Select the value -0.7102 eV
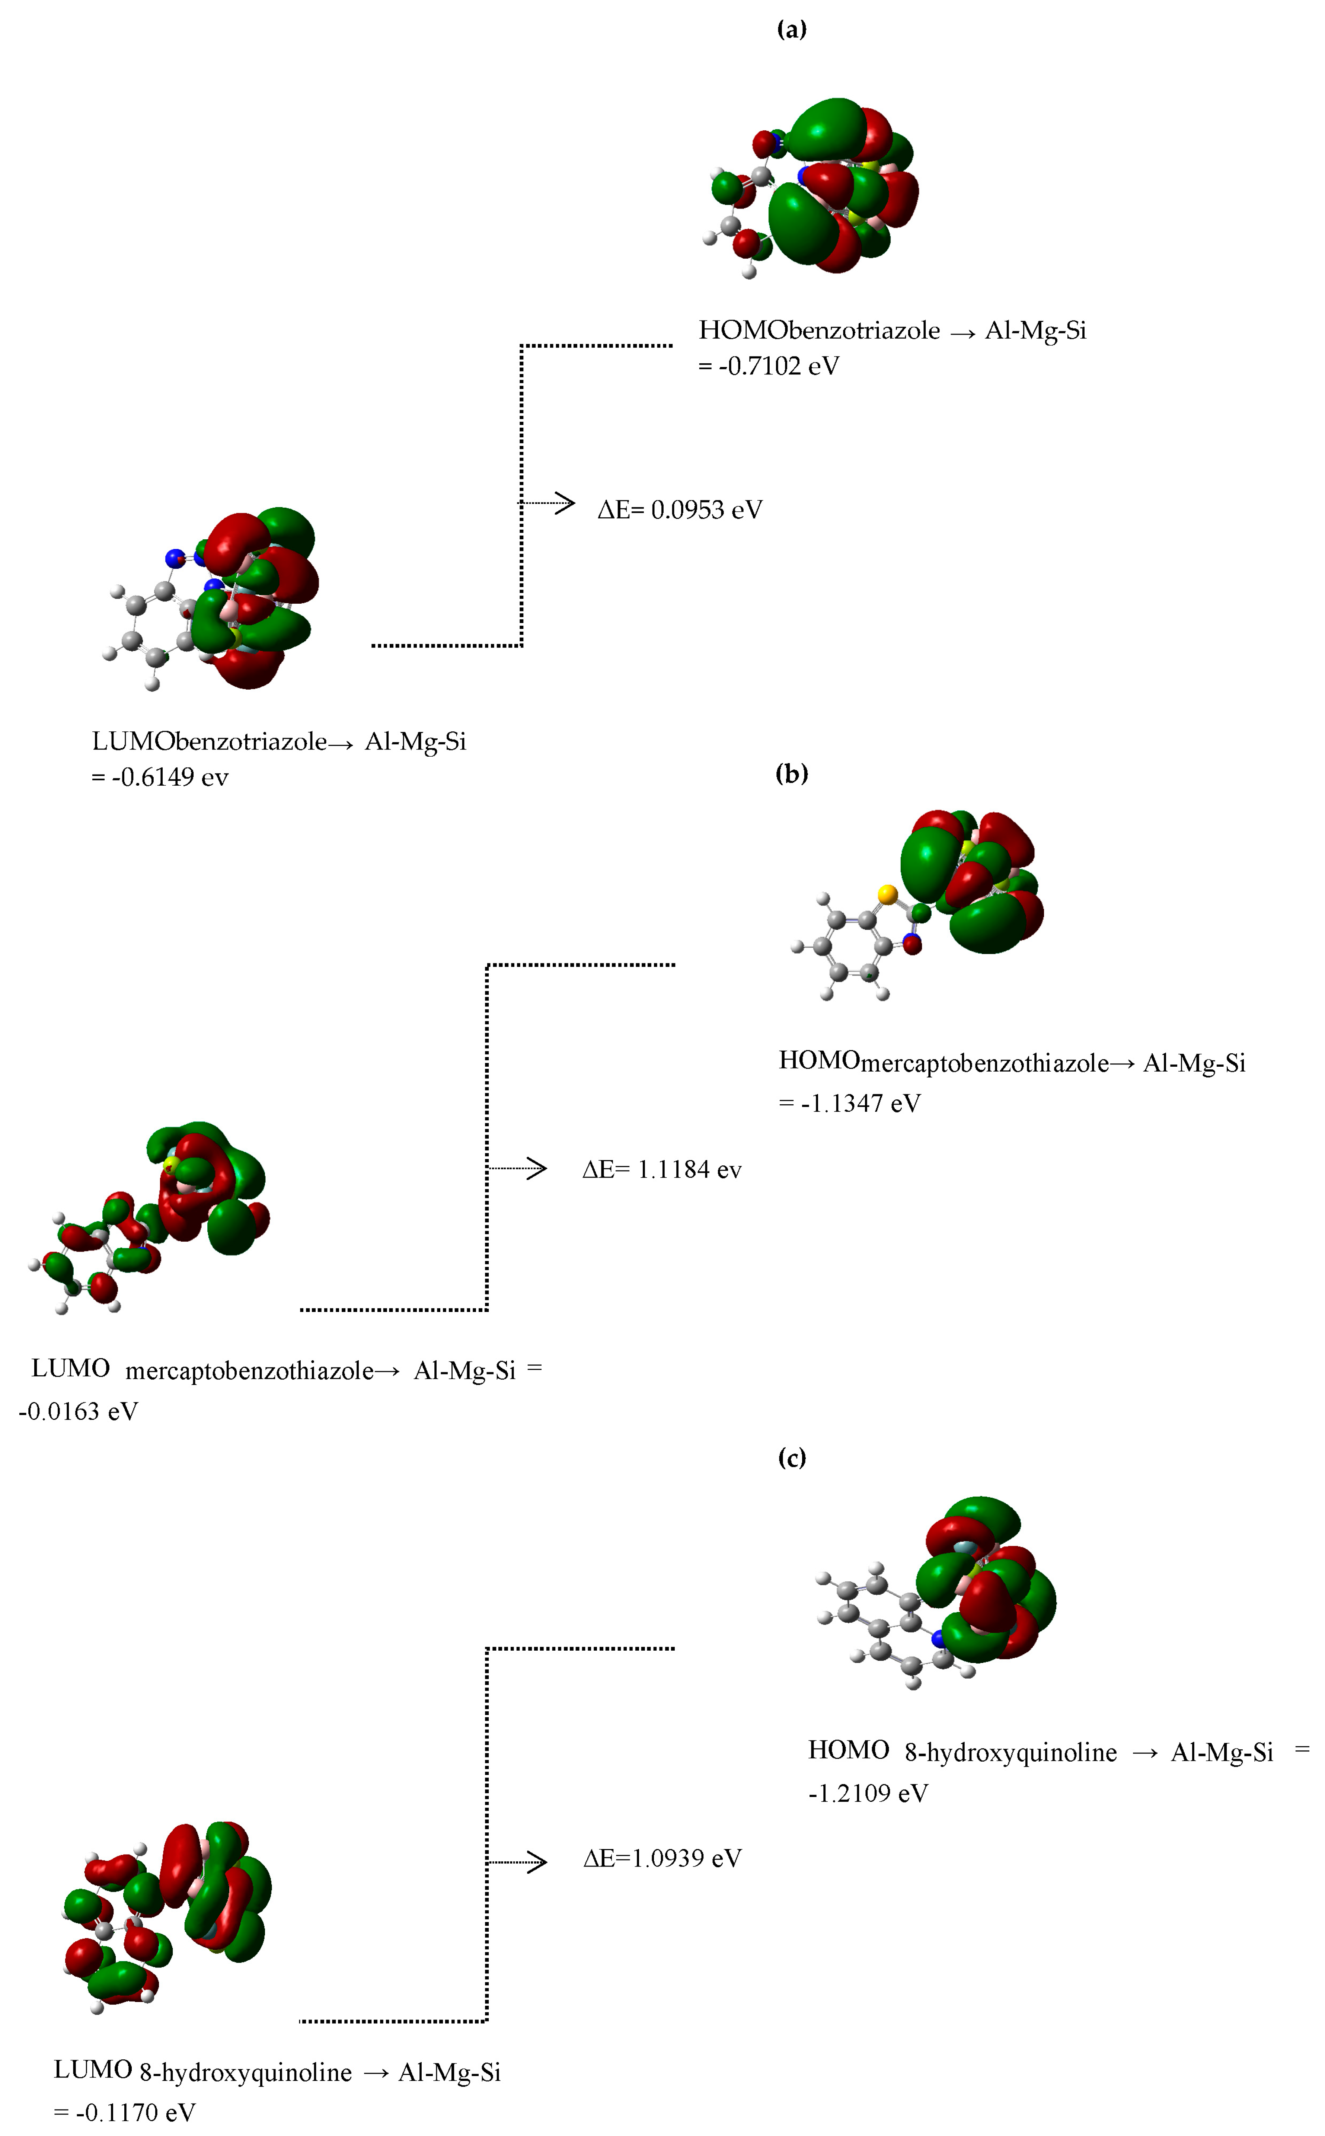click(x=778, y=366)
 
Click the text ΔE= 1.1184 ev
click(x=662, y=1170)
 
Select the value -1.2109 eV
click(x=868, y=1794)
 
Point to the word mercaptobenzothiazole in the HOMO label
click(x=984, y=1064)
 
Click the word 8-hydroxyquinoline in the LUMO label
click(x=245, y=2073)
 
